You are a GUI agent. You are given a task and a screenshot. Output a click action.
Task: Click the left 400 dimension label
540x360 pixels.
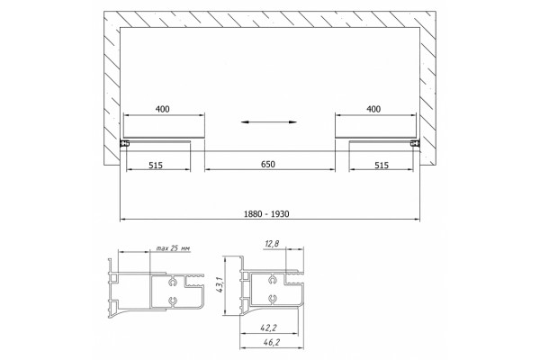tap(163, 109)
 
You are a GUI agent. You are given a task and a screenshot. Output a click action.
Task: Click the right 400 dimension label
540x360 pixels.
tap(373, 109)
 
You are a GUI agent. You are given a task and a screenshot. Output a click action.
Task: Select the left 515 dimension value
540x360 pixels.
tap(156, 166)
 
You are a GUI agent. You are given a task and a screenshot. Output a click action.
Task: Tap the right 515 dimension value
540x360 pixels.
tap(382, 166)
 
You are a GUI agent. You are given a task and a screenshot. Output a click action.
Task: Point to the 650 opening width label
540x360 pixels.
tap(268, 165)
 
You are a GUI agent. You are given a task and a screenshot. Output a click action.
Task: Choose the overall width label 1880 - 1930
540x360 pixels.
tap(266, 214)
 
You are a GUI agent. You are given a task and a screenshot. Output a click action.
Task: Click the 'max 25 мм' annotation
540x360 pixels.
tap(173, 248)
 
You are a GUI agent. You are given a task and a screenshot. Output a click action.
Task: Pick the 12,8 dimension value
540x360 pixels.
tap(272, 244)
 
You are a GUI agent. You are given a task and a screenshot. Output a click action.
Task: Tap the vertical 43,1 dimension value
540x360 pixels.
tap(220, 285)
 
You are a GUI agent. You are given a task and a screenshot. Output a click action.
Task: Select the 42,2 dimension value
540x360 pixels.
tap(268, 328)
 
